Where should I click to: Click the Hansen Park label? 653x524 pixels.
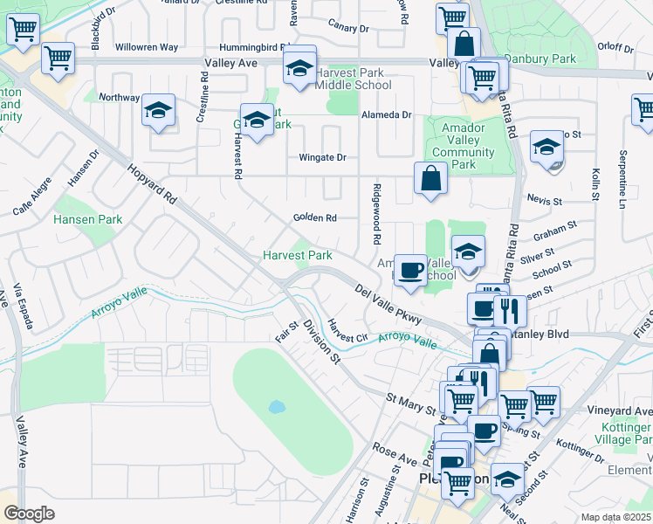coord(88,219)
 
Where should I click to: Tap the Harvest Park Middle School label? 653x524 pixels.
coord(354,79)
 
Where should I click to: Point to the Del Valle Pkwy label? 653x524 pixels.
coord(388,303)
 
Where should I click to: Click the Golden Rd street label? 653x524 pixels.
coord(314,217)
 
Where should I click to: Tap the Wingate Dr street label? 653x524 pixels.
coord(322,157)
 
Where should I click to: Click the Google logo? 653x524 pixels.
coord(29,514)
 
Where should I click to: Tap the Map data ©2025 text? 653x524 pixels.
coord(615,517)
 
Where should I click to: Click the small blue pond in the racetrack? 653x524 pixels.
coord(278,407)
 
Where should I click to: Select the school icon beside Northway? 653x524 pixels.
coord(158,110)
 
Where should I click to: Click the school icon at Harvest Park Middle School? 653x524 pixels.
coord(299,67)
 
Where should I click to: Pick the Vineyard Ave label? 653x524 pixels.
coord(621,410)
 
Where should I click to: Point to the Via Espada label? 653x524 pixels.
coord(24,307)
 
